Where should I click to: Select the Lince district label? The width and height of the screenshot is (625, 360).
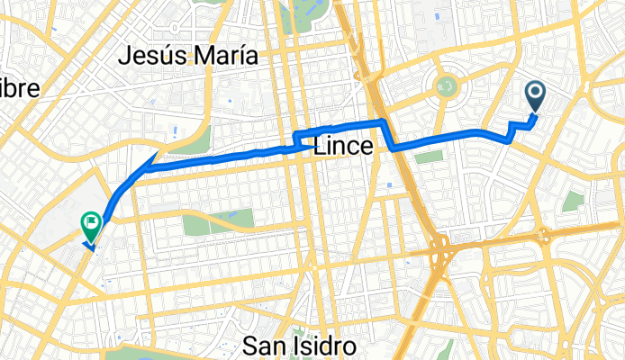(x=342, y=149)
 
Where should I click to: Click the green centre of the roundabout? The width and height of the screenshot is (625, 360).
(x=446, y=87)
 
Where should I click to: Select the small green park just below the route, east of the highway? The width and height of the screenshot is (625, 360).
(x=429, y=157)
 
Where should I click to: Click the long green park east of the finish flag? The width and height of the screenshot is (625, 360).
(x=219, y=220)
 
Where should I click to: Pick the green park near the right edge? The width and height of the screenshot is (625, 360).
(x=574, y=202)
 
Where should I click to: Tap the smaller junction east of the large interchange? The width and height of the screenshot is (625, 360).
(x=545, y=237)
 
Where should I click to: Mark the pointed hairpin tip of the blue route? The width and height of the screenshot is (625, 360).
(x=148, y=167)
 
